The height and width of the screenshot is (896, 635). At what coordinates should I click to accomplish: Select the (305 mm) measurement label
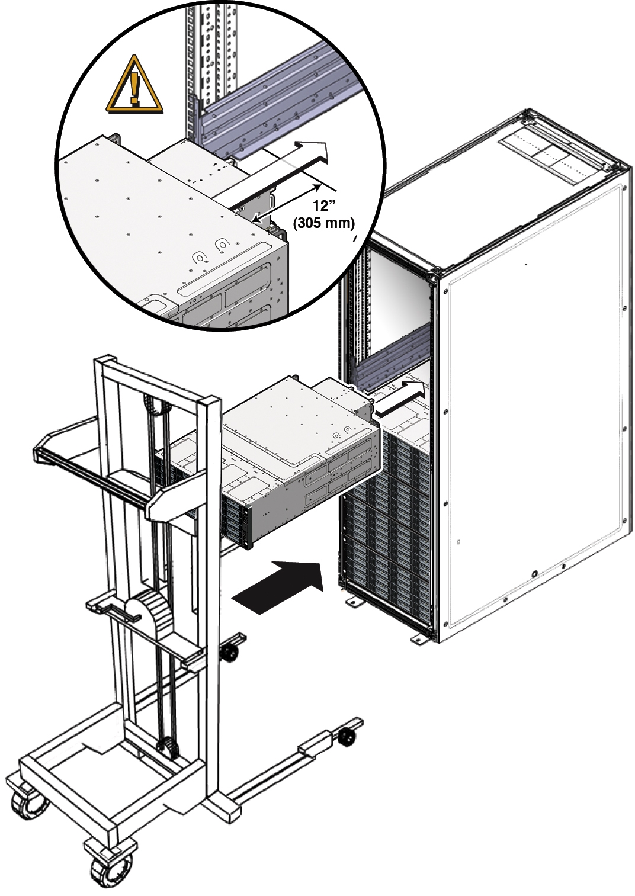tap(324, 223)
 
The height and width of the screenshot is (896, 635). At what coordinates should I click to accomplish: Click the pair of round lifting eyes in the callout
tap(210, 251)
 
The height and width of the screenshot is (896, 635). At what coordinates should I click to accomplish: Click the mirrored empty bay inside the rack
tap(397, 307)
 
